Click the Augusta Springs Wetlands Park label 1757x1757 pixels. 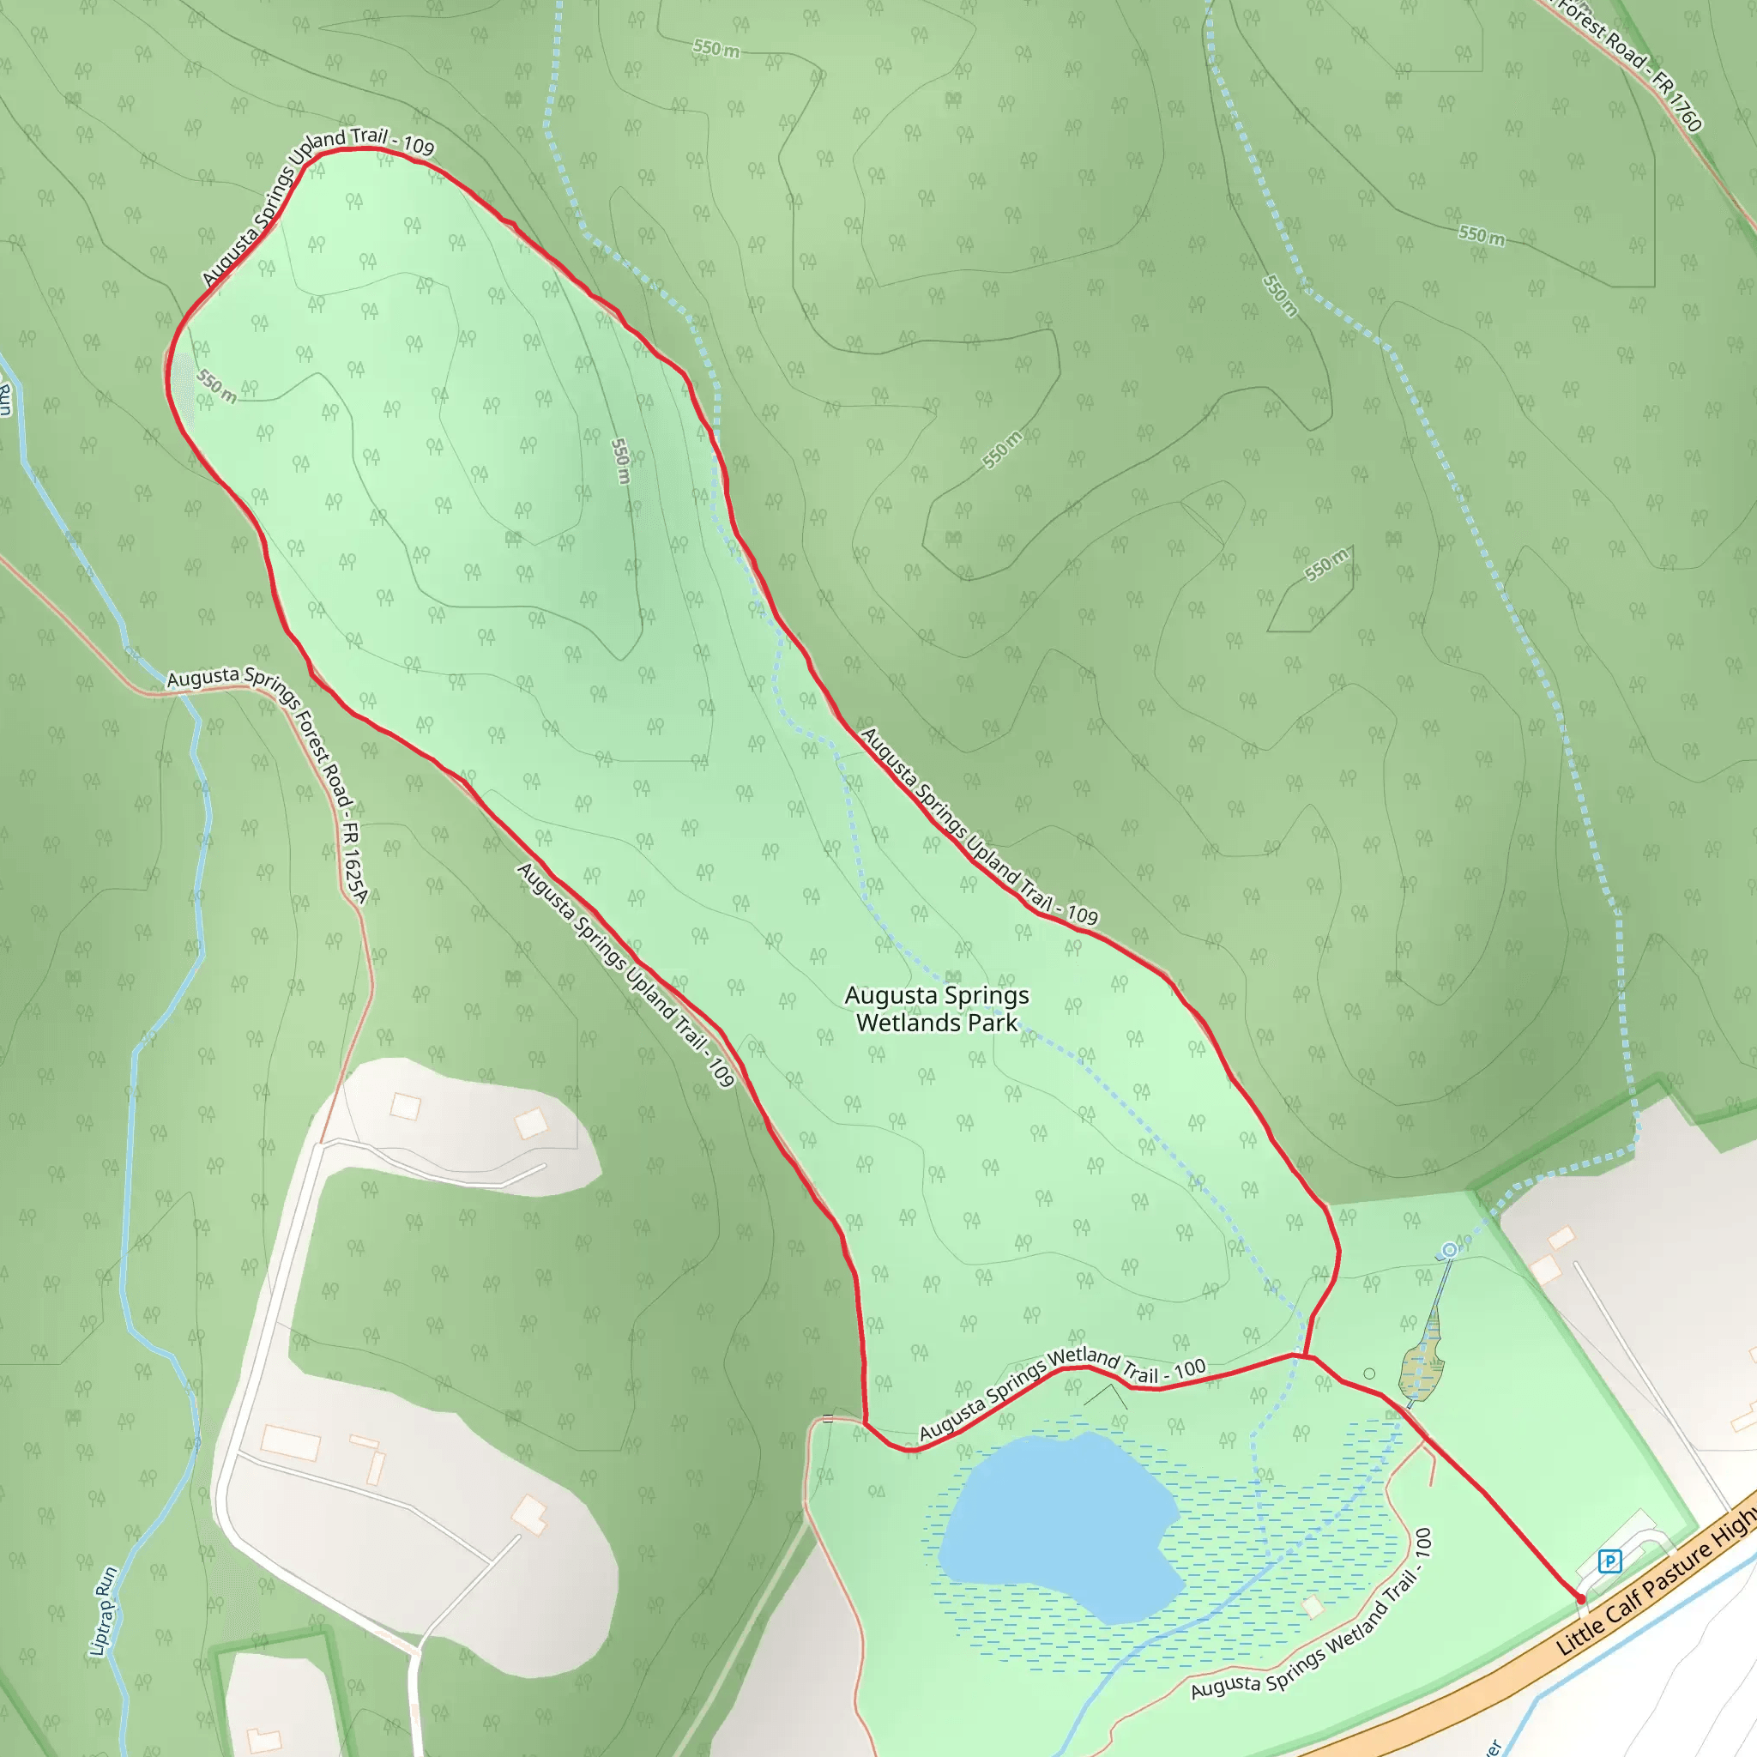pos(937,1009)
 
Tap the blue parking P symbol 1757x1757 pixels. pos(1609,1561)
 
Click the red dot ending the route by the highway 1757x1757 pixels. pos(1580,1599)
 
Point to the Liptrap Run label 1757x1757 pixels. pos(105,1610)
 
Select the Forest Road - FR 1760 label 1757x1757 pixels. pos(1627,63)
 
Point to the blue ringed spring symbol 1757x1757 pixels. pos(1450,1251)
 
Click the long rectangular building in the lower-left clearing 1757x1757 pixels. pos(290,1442)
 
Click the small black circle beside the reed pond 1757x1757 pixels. pos(1369,1374)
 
